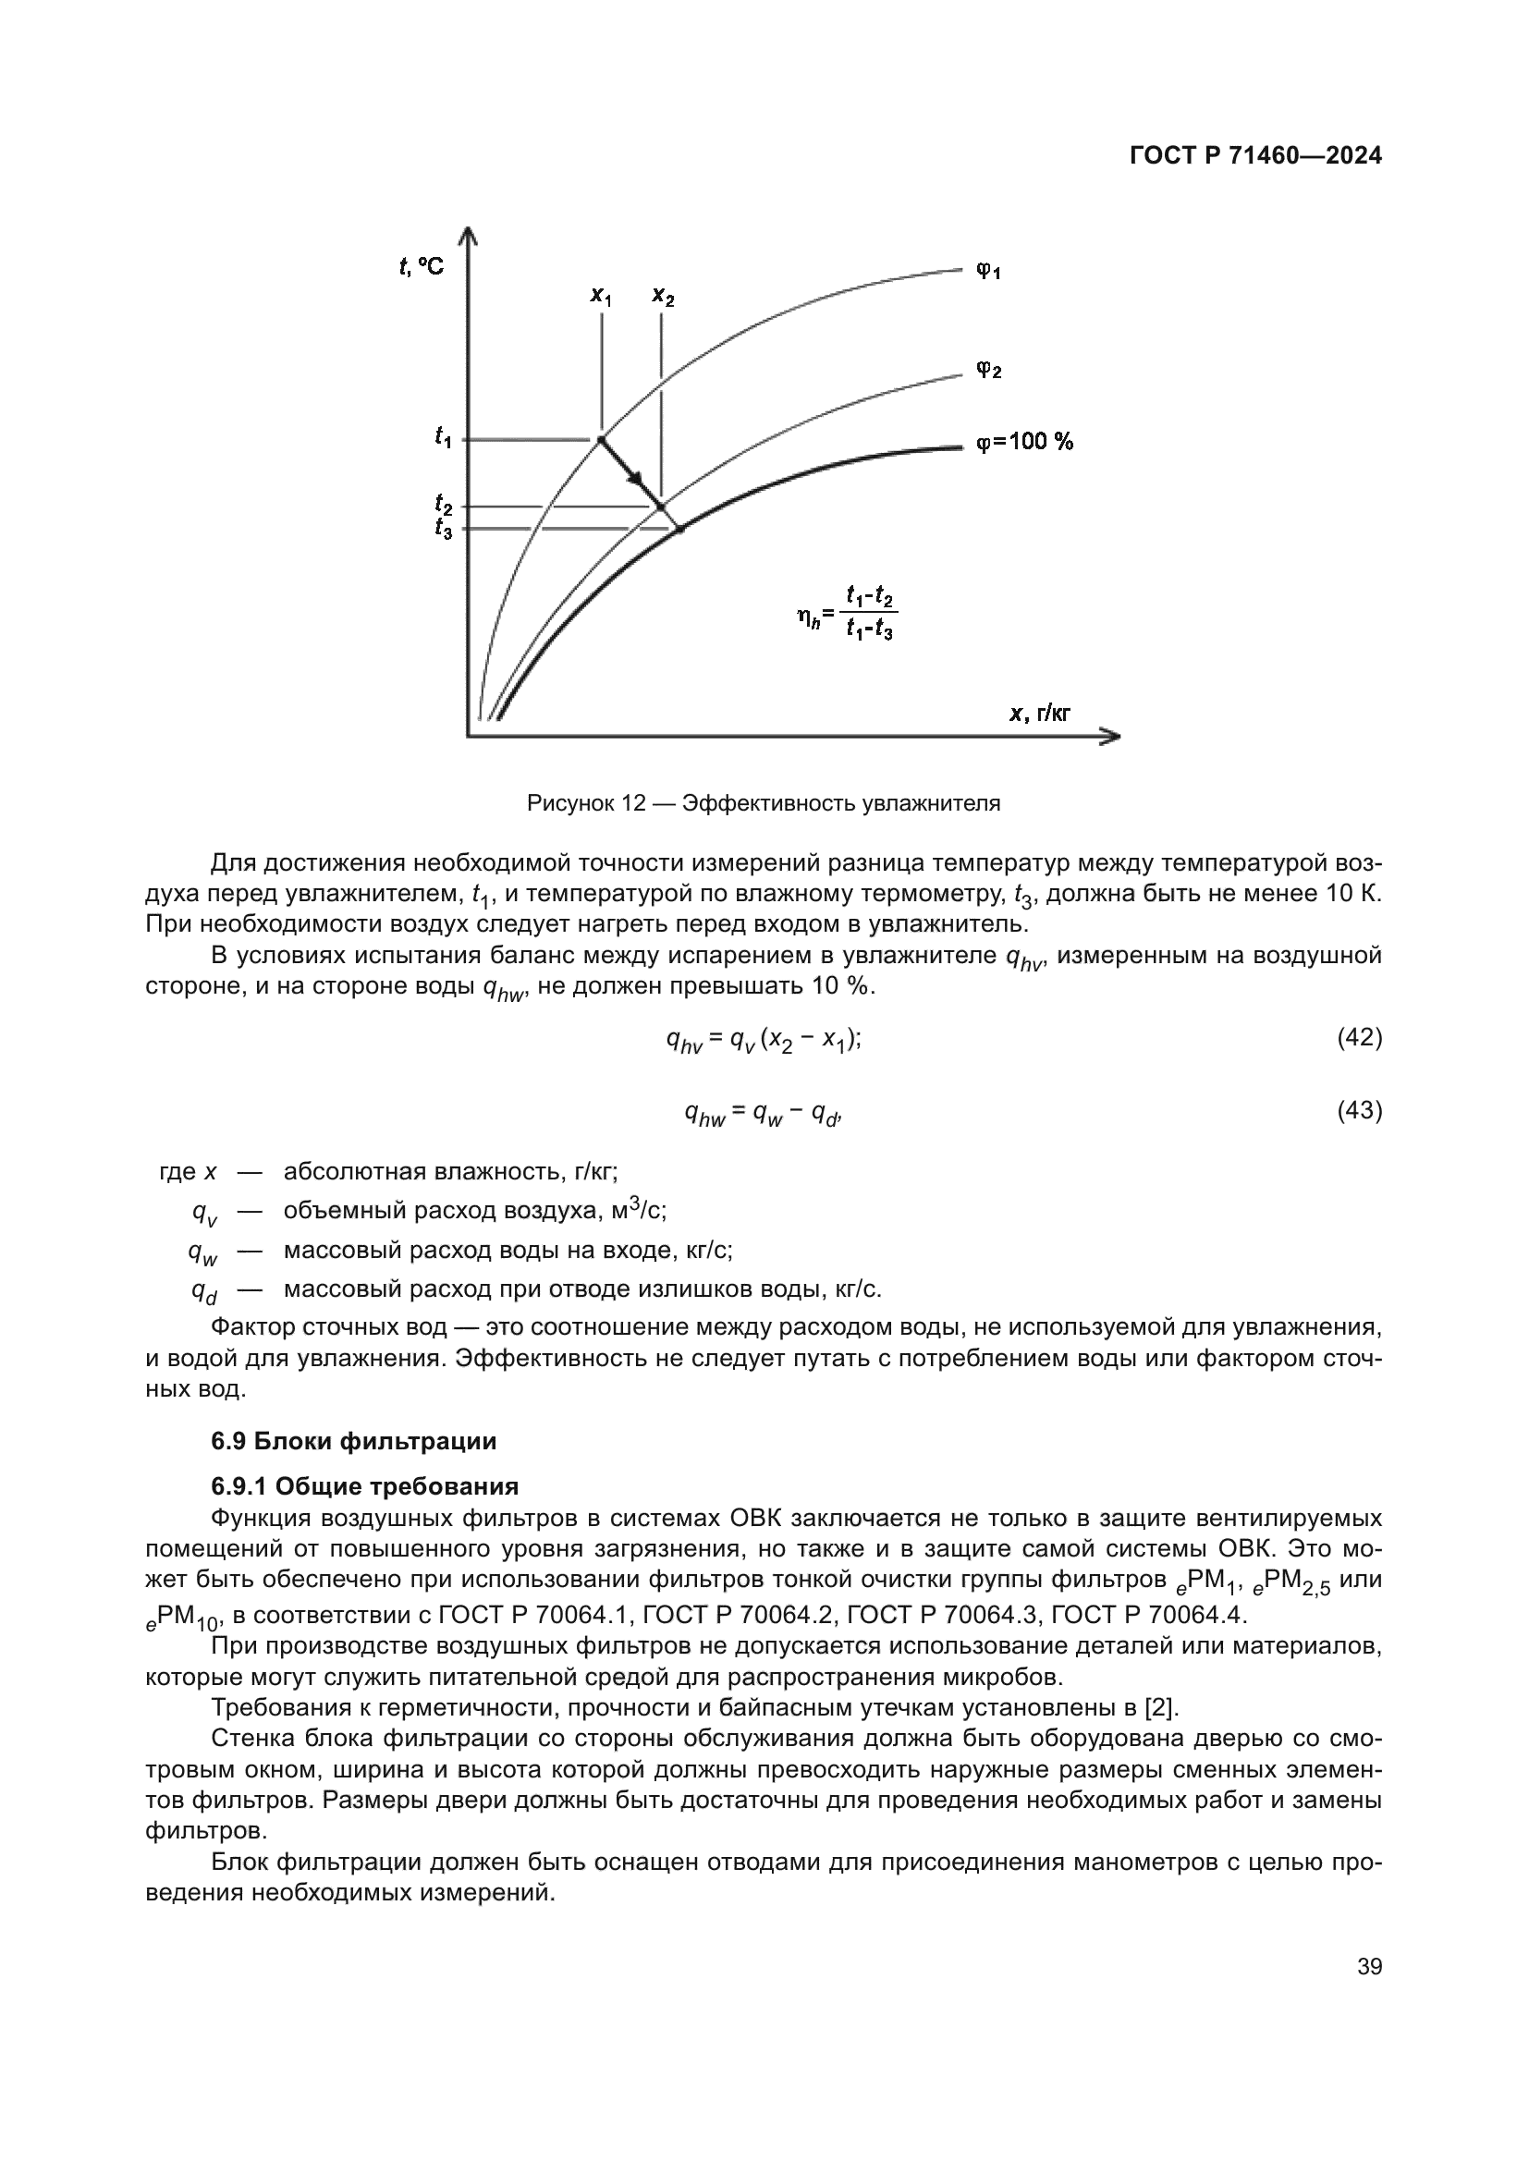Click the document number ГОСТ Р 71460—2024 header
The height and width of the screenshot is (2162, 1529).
click(1255, 156)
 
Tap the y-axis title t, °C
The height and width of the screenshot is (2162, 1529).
click(420, 267)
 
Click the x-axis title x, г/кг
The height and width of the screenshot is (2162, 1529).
click(1039, 714)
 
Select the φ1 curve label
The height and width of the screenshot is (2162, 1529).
click(987, 272)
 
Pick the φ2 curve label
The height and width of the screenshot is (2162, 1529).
click(987, 370)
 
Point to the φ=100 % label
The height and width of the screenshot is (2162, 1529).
click(1024, 442)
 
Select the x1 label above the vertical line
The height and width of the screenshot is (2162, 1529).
click(601, 296)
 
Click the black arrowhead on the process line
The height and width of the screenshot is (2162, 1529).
click(638, 479)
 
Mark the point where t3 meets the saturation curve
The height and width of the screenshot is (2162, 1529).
click(679, 530)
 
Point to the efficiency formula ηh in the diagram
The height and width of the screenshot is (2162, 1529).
click(845, 613)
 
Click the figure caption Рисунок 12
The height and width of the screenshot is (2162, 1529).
click(763, 803)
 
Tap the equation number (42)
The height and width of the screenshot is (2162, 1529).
click(1359, 1038)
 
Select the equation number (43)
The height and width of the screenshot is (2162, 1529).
click(1359, 1111)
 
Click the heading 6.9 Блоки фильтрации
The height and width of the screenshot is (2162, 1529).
click(353, 1441)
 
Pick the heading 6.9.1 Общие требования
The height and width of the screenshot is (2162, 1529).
click(364, 1486)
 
